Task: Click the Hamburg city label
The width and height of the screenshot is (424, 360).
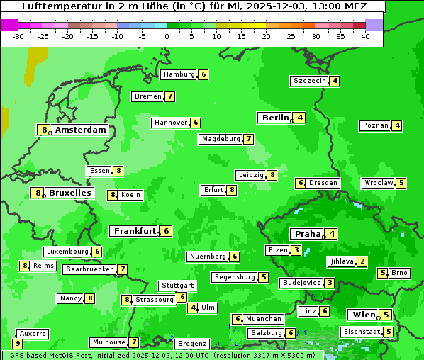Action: (x=179, y=74)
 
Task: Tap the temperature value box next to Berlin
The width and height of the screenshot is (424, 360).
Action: (x=301, y=118)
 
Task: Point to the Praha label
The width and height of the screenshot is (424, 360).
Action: (x=308, y=234)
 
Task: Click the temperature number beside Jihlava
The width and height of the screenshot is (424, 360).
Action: (x=362, y=261)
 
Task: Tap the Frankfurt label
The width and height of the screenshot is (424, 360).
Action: (x=135, y=231)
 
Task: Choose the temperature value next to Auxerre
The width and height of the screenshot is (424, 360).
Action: (x=18, y=344)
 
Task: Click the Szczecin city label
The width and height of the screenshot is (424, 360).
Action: (x=310, y=81)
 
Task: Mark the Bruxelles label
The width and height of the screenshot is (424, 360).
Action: (x=69, y=193)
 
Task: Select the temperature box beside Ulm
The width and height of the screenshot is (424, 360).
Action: (x=193, y=308)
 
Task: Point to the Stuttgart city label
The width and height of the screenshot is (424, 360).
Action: (x=177, y=286)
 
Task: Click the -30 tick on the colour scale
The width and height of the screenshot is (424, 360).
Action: (x=18, y=35)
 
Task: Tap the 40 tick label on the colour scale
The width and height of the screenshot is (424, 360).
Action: (x=365, y=35)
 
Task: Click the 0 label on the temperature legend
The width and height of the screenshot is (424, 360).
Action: (x=167, y=35)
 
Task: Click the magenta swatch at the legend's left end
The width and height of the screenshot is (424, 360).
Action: (x=9, y=24)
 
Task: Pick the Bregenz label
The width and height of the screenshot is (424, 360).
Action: (x=191, y=344)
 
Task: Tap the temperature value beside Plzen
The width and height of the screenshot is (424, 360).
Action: (x=296, y=250)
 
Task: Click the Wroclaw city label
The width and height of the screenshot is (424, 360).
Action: (x=378, y=183)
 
